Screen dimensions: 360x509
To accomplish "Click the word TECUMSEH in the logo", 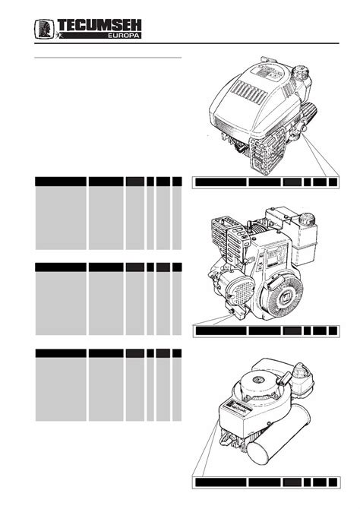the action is (x=99, y=25).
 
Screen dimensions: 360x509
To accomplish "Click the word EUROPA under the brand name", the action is (x=124, y=36).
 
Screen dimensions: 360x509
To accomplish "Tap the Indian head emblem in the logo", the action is (x=44, y=29).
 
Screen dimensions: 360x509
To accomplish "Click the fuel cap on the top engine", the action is (x=300, y=71).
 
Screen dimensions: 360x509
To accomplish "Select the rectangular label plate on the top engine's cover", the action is (x=266, y=71).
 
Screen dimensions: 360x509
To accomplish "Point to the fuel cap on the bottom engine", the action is (x=302, y=371).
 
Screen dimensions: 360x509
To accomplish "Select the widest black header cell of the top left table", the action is (x=61, y=182).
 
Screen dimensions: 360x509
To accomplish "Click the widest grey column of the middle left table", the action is (x=61, y=303).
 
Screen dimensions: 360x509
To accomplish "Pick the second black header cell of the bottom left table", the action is (x=106, y=353).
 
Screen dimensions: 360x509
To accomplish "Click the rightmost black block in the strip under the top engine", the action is (x=333, y=182).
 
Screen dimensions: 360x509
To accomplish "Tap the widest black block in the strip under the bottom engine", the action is (x=221, y=482).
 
